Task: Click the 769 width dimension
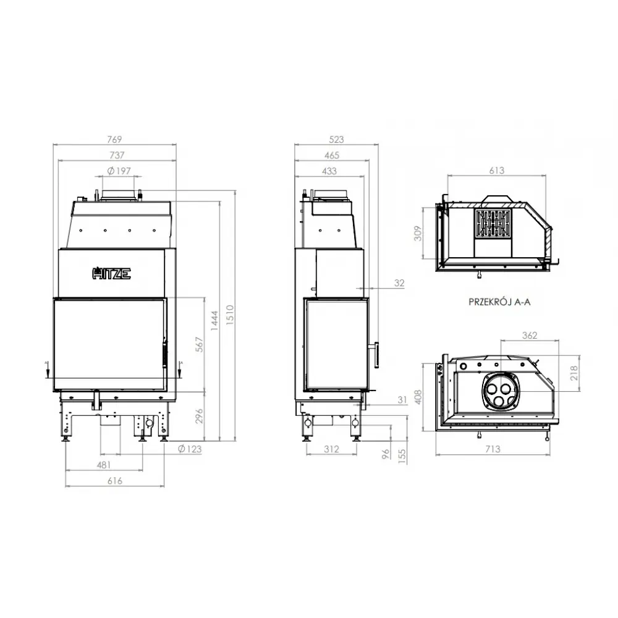coord(114,139)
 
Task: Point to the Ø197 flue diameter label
coord(119,171)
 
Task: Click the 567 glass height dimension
coord(197,344)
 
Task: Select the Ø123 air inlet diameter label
coord(190,449)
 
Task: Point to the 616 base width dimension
coord(114,481)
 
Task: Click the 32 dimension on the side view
coord(400,284)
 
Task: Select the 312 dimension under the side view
coord(331,449)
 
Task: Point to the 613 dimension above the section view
coord(496,171)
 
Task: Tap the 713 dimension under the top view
coord(493,449)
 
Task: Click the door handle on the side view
coord(375,353)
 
